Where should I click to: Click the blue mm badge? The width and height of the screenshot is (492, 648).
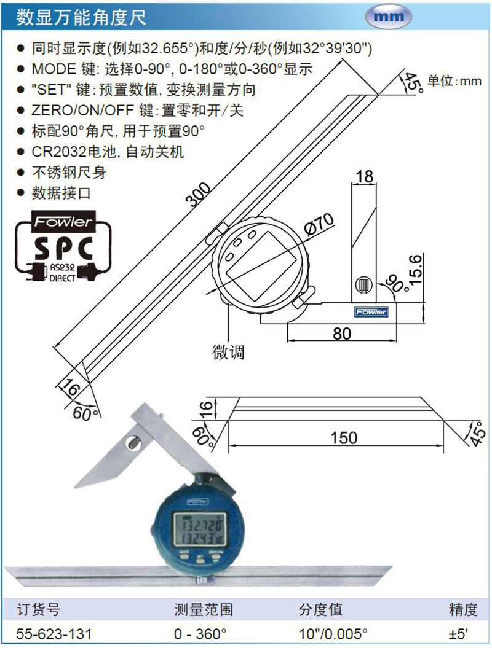(x=388, y=17)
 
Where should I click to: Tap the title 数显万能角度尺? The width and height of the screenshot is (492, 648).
(x=81, y=18)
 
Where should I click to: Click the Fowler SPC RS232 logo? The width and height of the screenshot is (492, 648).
(x=63, y=247)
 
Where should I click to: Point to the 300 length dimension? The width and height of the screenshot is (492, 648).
(x=199, y=194)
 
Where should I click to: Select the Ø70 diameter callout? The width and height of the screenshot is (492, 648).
(x=319, y=225)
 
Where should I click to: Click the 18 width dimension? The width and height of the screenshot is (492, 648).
(x=364, y=176)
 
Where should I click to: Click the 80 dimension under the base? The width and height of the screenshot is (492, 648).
(x=342, y=334)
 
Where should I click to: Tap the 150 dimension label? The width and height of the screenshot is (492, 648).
(x=344, y=438)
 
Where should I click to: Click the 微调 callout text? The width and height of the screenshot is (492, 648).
(x=228, y=352)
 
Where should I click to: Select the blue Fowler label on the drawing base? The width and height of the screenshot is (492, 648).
(x=371, y=311)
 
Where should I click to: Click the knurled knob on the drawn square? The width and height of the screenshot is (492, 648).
(x=363, y=285)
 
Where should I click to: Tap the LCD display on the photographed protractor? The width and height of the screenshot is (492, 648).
(x=200, y=531)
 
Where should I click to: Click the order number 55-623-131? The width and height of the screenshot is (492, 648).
(x=54, y=633)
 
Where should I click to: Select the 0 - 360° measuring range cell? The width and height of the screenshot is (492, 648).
(x=200, y=633)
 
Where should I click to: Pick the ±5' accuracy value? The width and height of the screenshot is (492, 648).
(x=459, y=633)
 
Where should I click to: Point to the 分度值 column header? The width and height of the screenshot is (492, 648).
(x=320, y=609)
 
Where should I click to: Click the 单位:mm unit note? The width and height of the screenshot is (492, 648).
(x=454, y=80)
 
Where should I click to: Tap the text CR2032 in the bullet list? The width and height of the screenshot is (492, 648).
(x=59, y=152)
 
